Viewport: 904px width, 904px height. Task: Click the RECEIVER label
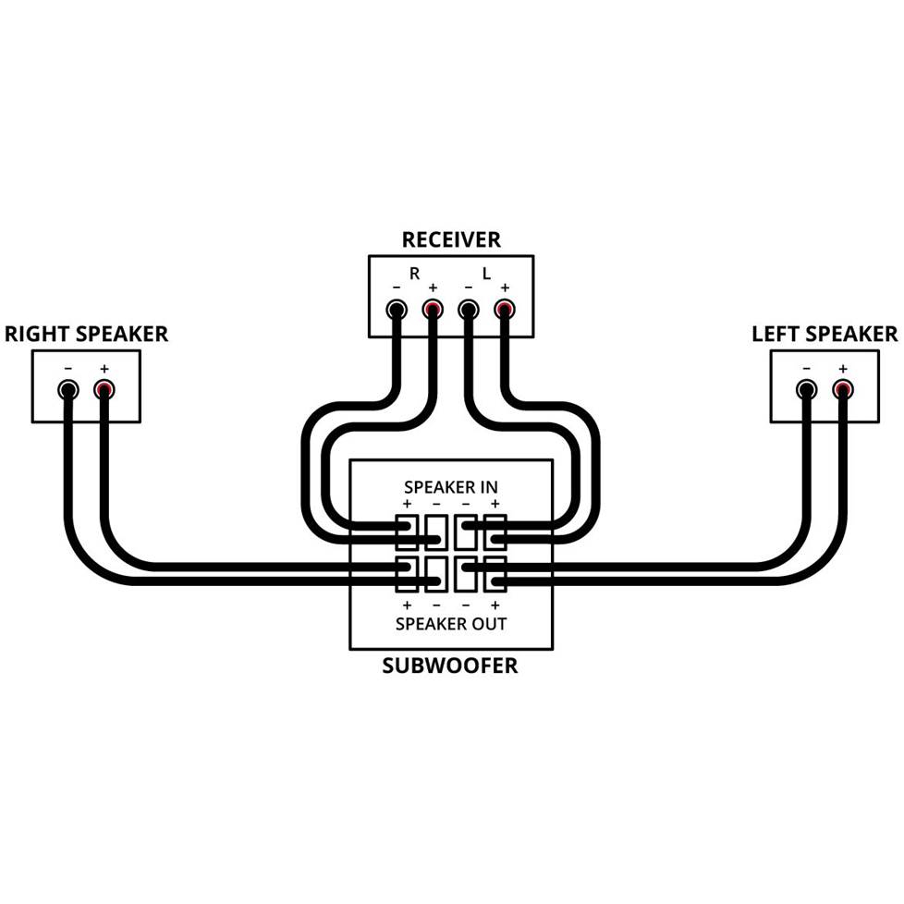click(x=451, y=240)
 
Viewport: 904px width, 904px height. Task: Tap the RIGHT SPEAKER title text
click(x=87, y=334)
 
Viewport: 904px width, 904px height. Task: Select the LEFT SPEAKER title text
click(x=825, y=334)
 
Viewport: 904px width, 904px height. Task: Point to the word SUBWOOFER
click(x=450, y=666)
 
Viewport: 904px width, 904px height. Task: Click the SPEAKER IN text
click(x=451, y=486)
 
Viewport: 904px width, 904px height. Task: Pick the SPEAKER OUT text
click(x=451, y=624)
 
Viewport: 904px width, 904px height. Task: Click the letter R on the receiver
click(x=415, y=274)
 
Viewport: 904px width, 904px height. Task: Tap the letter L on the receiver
click(x=486, y=274)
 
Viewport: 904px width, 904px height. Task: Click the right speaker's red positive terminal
click(x=104, y=389)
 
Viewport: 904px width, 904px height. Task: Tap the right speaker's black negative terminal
click(x=67, y=389)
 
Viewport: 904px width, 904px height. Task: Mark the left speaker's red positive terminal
click(x=842, y=389)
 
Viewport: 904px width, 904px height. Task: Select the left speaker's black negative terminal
click(x=807, y=389)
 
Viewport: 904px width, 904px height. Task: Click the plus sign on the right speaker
click(x=104, y=368)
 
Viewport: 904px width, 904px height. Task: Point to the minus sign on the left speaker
click(x=807, y=368)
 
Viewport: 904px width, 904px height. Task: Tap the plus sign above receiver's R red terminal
click(x=433, y=287)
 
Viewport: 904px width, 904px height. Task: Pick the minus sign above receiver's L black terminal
click(x=469, y=287)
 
